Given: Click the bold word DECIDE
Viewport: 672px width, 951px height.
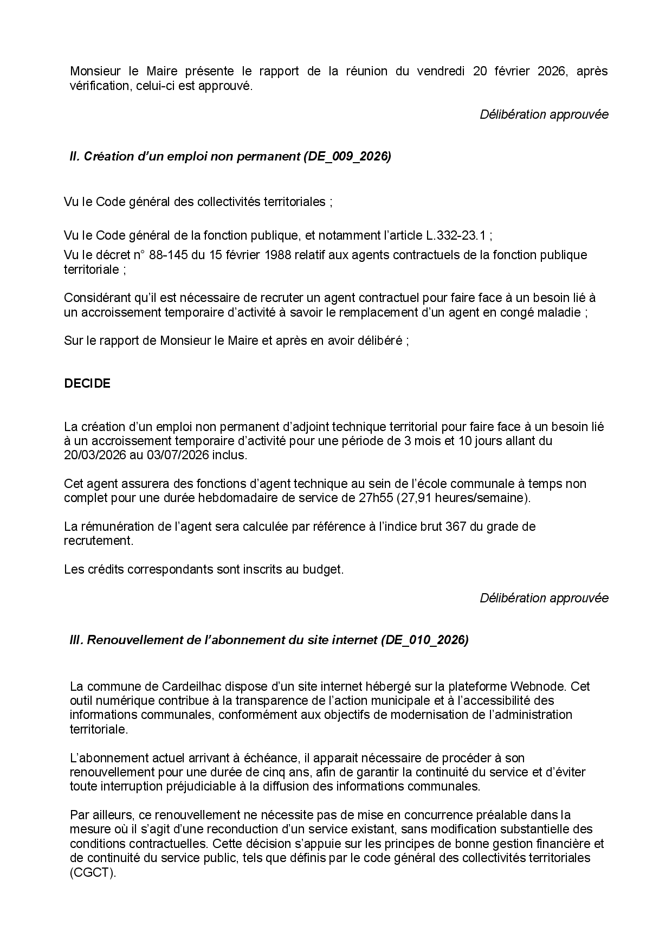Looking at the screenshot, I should pyautogui.click(x=87, y=383).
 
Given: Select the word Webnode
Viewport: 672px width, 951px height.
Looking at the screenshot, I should pyautogui.click(x=540, y=686).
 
